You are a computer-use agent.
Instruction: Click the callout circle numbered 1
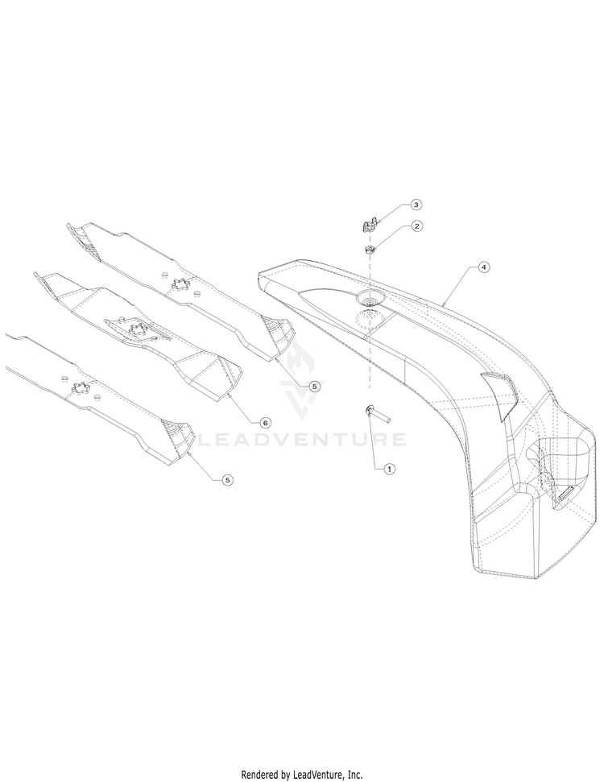point(389,469)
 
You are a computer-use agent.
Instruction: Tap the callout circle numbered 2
point(416,226)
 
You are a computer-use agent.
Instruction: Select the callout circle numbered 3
point(416,205)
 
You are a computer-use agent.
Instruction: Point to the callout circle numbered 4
point(482,267)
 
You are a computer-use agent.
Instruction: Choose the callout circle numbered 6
point(265,423)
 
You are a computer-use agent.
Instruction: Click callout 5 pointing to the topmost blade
point(314,386)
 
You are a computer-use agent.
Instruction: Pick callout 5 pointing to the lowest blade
point(227,480)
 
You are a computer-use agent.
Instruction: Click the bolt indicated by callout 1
point(378,413)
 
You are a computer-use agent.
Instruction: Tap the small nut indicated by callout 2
point(370,250)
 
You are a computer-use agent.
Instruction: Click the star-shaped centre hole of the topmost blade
point(180,286)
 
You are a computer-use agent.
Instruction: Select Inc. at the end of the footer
point(354,775)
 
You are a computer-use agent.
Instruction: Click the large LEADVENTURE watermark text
point(302,439)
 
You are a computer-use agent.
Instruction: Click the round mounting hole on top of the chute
point(370,300)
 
